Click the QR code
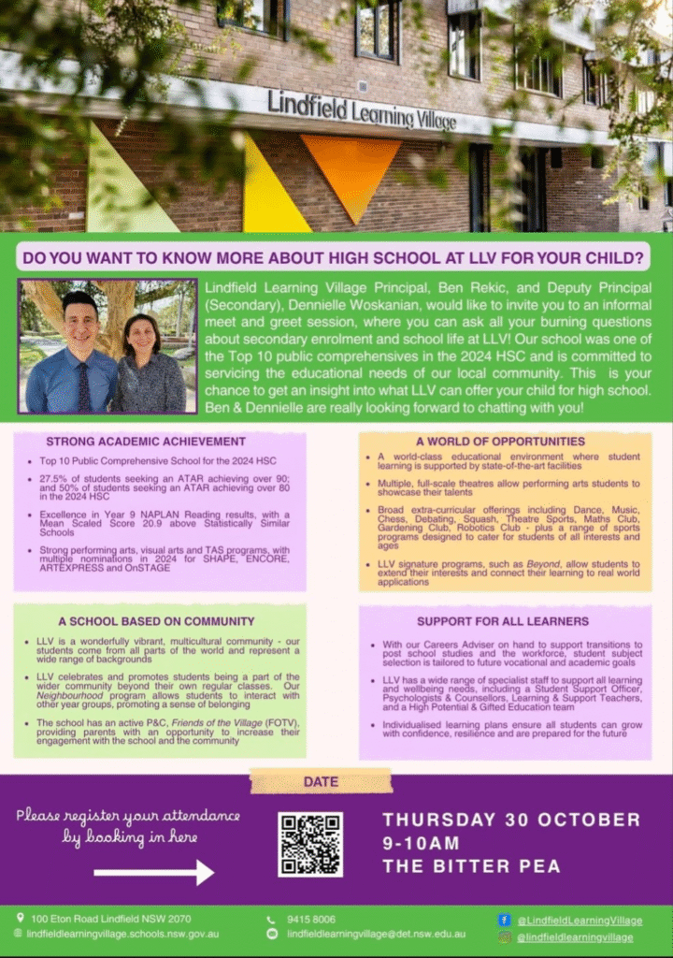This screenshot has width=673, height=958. [310, 844]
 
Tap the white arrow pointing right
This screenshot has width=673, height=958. [154, 873]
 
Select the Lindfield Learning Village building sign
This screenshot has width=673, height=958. [362, 109]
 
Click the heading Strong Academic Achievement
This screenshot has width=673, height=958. [146, 442]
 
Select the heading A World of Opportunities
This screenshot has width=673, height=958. [500, 442]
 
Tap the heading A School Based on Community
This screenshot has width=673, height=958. [156, 620]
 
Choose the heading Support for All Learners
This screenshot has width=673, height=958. [503, 620]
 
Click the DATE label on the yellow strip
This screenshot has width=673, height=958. [321, 781]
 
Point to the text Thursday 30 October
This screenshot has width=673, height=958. [511, 820]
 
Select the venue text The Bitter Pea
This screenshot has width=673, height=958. [471, 866]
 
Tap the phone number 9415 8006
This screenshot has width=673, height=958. [312, 920]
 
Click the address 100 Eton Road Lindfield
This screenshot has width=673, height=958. [110, 920]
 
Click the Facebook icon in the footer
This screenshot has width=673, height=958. [505, 921]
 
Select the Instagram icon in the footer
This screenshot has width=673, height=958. [505, 936]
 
